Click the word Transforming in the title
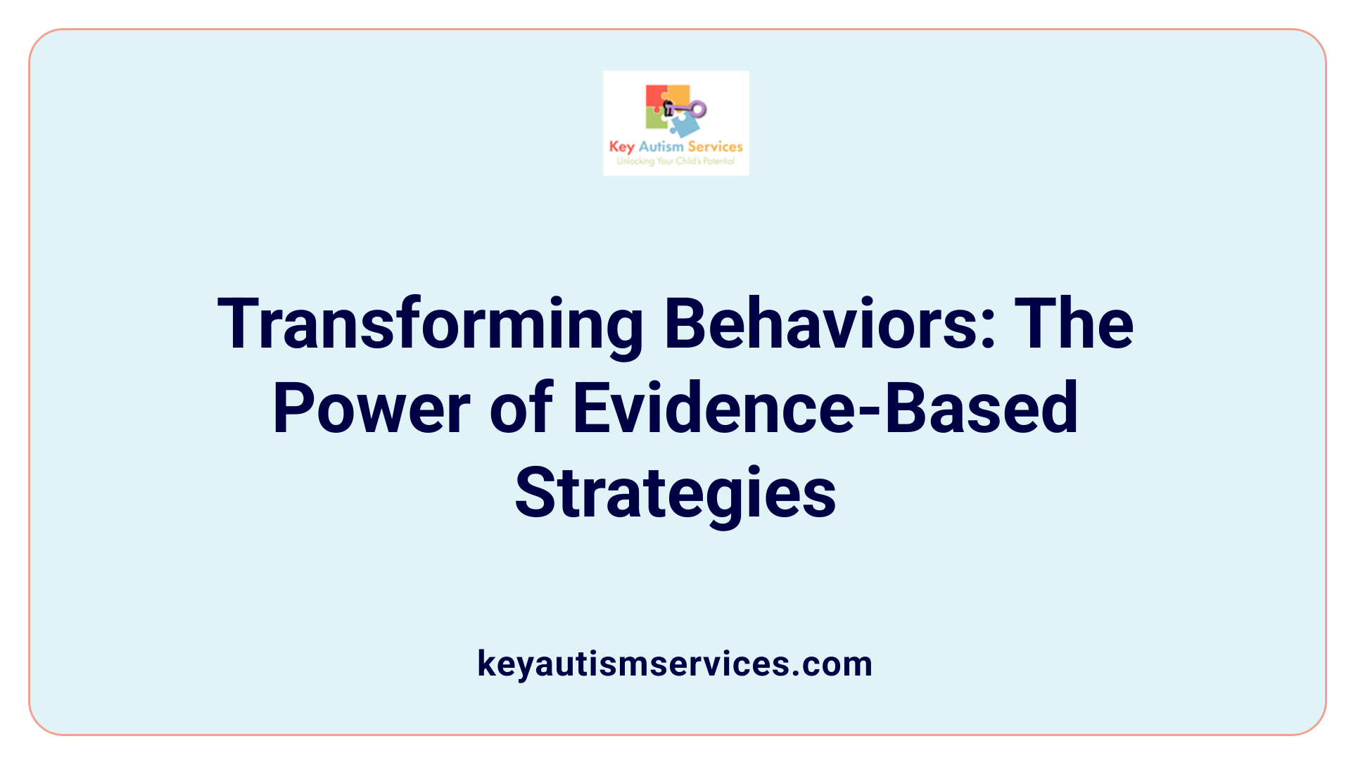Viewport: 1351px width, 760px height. click(431, 325)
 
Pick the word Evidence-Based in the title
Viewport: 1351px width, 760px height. click(825, 408)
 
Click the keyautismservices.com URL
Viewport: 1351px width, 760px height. click(675, 664)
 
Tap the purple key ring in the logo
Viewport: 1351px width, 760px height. click(697, 109)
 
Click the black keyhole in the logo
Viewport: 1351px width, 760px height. click(668, 108)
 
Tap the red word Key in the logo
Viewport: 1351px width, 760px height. click(621, 147)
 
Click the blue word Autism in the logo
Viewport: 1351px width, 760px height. click(661, 146)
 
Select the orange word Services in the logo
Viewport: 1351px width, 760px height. click(715, 146)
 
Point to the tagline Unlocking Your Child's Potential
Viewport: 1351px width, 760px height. click(675, 161)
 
